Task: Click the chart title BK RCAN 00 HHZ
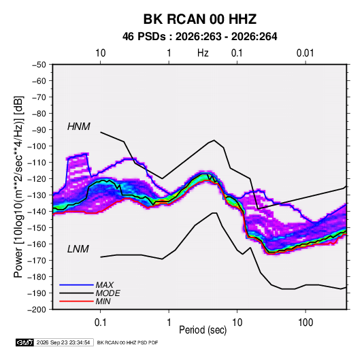coord(200,19)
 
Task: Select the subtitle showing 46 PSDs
coord(200,37)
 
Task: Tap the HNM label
coord(79,127)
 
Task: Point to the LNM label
coord(78,249)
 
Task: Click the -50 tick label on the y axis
coord(39,65)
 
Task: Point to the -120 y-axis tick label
coord(37,179)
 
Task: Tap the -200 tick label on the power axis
coord(37,310)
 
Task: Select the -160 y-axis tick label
coord(37,244)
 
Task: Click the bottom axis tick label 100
coord(305,323)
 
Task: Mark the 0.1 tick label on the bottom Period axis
coord(100,323)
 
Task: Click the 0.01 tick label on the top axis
coord(305,53)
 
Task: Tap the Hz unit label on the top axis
coord(203,53)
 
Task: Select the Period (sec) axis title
coord(203,330)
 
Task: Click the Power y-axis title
coord(18,186)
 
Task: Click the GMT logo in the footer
coord(25,342)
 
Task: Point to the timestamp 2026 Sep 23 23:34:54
coord(63,342)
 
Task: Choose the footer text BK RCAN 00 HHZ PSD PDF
coord(127,342)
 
